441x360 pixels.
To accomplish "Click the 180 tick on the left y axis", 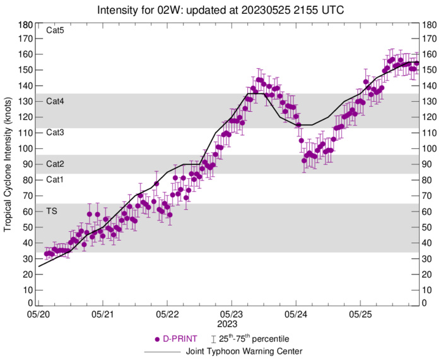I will pyautogui.click(x=25, y=25).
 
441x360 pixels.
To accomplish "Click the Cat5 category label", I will pyautogui.click(x=56, y=30).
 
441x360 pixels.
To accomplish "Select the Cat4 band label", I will pyautogui.click(x=56, y=101).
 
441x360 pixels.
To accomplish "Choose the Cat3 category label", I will pyautogui.click(x=56, y=133).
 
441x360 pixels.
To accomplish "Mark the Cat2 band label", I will pyautogui.click(x=56, y=164).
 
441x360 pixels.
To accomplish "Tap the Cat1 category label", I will pyautogui.click(x=56, y=180).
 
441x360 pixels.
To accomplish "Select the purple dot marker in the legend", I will pyautogui.click(x=157, y=339).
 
